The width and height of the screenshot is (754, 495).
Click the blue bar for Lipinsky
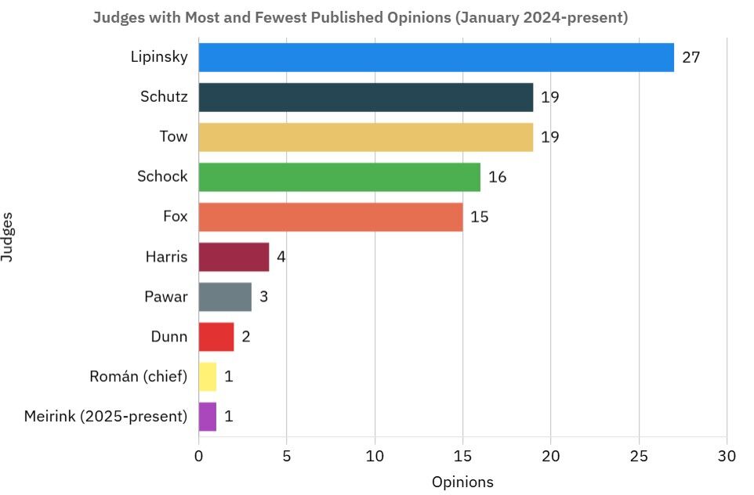[436, 57]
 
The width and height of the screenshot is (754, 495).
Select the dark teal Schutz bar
[365, 97]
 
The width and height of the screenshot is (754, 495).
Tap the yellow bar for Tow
[365, 137]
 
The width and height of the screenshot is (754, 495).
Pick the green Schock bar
[339, 177]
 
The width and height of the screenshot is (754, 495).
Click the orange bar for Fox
[330, 217]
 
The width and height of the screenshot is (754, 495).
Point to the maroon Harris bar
[234, 257]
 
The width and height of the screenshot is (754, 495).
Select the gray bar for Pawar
[225, 297]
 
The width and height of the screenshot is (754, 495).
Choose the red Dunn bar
[216, 337]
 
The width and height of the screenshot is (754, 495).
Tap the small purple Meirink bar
[208, 416]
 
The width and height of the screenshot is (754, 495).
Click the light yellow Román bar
[208, 377]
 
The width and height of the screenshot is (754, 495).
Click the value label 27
[691, 57]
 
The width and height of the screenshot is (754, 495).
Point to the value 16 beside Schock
[497, 177]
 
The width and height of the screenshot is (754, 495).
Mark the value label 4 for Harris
[281, 257]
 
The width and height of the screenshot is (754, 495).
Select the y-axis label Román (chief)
[139, 377]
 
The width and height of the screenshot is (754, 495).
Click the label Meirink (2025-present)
[106, 416]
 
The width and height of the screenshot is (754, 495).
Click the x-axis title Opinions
[462, 482]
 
